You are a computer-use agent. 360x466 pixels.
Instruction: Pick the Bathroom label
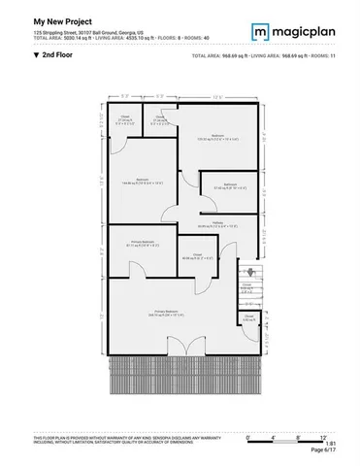click(229, 185)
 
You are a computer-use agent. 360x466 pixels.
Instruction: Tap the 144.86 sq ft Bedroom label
click(141, 181)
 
